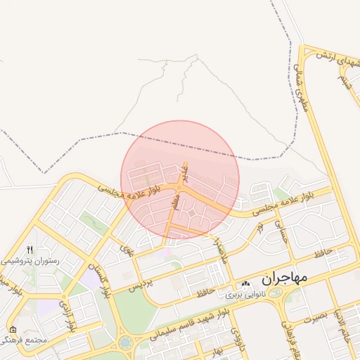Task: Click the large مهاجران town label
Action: (285, 278)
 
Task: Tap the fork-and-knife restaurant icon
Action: (30, 250)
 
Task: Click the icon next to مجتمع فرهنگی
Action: (13, 329)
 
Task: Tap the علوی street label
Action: (127, 249)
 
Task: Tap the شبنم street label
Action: (344, 79)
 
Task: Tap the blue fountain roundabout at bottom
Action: (126, 343)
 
